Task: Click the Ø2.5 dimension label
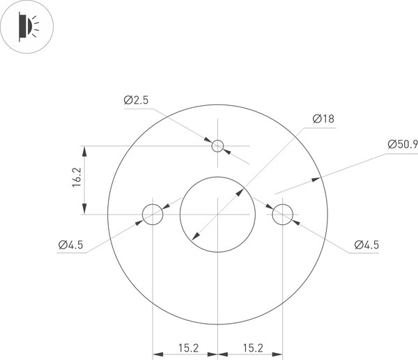pos(137,100)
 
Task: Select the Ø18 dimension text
pos(323,119)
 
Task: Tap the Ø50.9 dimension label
pos(402,145)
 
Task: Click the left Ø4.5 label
pos(71,244)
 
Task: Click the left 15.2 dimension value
pos(185,347)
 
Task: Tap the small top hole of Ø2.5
pos(217,146)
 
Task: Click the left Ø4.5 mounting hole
pos(153,214)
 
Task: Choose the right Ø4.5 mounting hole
pos(282,214)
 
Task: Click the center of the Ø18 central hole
pos(217,214)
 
